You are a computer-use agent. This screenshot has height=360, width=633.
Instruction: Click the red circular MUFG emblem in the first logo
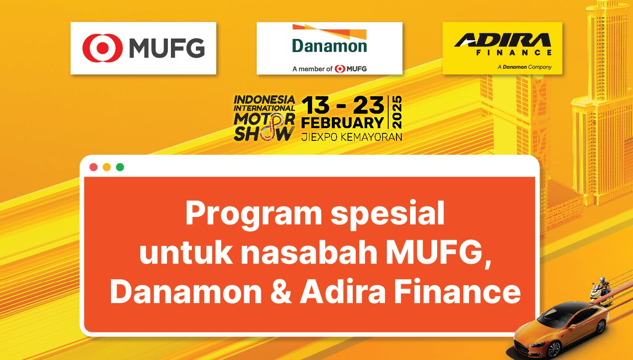pyautogui.click(x=103, y=48)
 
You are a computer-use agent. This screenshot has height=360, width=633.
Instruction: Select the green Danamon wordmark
pyautogui.click(x=329, y=46)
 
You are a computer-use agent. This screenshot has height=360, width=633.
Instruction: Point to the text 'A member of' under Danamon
pyautogui.click(x=312, y=69)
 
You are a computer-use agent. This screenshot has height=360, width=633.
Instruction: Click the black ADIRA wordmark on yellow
pyautogui.click(x=502, y=40)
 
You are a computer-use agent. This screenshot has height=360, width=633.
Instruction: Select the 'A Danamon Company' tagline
pyautogui.click(x=525, y=67)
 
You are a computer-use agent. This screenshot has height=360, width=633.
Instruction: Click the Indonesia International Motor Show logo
pyautogui.click(x=264, y=118)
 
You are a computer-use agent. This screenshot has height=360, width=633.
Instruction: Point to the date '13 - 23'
pyautogui.click(x=343, y=105)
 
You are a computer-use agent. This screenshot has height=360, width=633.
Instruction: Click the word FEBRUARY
pyautogui.click(x=342, y=123)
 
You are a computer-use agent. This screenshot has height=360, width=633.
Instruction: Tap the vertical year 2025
pyautogui.click(x=397, y=112)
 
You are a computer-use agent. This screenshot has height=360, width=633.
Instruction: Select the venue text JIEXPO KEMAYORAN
pyautogui.click(x=351, y=137)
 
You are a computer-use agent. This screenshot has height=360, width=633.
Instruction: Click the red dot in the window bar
pyautogui.click(x=94, y=167)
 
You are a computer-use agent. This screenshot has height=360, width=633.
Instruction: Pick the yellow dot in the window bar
pyautogui.click(x=107, y=167)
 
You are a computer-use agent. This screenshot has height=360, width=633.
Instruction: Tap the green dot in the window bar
pyautogui.click(x=120, y=167)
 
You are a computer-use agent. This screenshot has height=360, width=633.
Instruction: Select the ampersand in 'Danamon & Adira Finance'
pyautogui.click(x=281, y=291)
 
